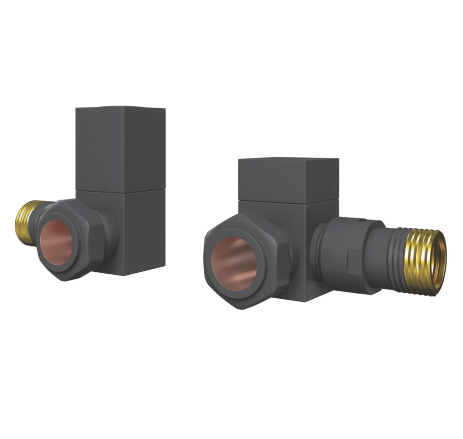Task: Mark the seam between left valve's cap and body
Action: click(120, 191)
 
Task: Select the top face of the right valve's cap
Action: click(288, 161)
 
